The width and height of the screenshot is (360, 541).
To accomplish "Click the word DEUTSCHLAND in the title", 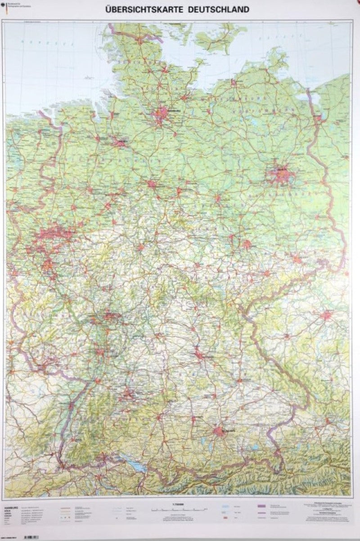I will click(x=215, y=9).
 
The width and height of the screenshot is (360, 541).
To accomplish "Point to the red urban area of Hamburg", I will click(x=161, y=112).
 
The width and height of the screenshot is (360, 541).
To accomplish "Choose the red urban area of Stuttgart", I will click(x=128, y=395).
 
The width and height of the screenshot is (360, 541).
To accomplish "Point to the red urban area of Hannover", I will click(x=152, y=183).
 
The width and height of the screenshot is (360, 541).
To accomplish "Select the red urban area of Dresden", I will click(x=297, y=259).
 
